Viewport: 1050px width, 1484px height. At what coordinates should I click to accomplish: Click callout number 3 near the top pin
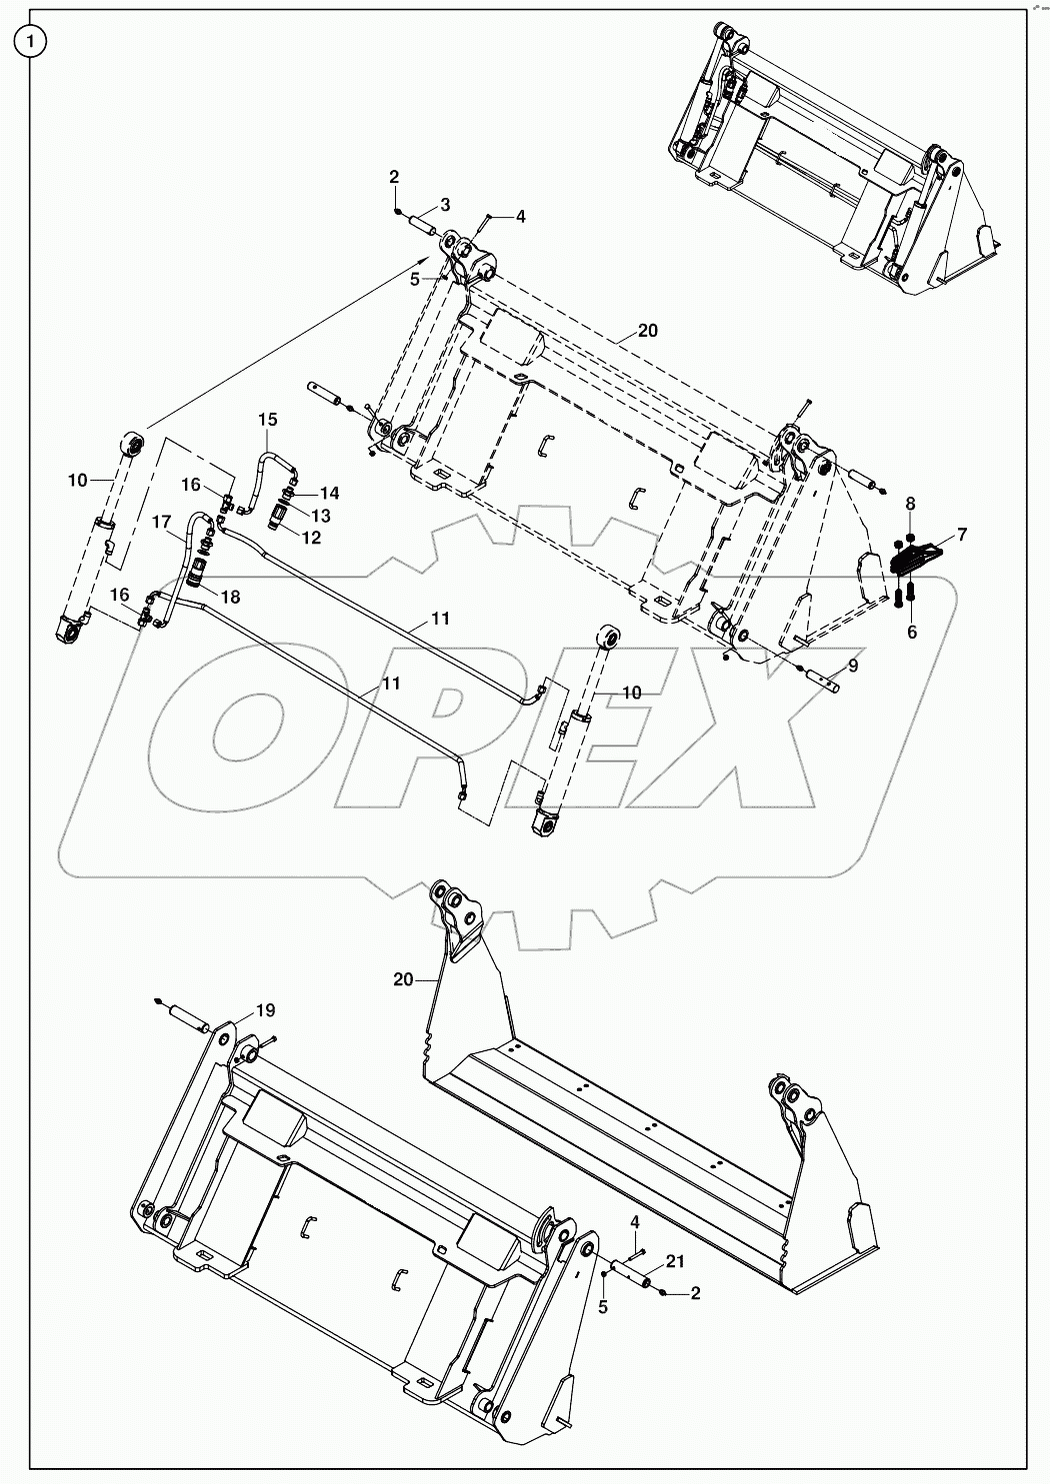445,204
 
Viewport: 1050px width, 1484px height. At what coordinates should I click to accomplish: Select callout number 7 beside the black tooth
962,535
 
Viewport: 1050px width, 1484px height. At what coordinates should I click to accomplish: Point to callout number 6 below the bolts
911,632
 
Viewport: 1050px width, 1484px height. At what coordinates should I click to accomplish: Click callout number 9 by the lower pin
852,665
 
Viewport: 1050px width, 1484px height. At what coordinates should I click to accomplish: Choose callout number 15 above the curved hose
269,419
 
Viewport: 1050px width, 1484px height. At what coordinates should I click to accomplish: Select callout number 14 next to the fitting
330,493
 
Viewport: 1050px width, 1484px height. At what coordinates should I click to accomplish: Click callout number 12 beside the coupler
313,538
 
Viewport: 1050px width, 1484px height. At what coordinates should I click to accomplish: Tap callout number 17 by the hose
162,521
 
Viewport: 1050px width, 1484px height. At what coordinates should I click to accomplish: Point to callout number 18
231,597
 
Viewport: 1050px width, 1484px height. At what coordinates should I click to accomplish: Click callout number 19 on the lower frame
264,1009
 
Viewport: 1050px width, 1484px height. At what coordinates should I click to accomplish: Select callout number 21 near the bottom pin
675,1262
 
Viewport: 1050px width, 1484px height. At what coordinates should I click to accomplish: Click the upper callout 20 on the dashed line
647,332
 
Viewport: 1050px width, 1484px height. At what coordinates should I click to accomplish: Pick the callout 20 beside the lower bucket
402,980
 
